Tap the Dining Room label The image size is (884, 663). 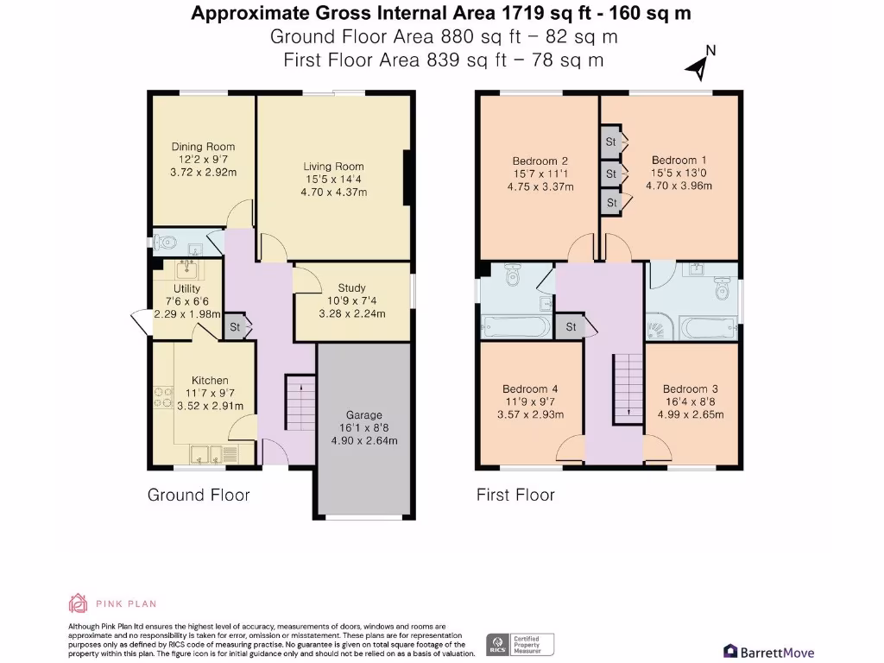coord(203,147)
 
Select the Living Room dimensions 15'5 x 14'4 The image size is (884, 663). coord(333,180)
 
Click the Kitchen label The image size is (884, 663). coord(210,380)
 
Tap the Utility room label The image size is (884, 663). coord(186,288)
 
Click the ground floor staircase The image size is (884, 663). coord(300,400)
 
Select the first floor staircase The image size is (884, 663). coord(627,388)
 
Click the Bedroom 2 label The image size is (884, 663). coord(540,161)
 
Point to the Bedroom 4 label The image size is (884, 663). coord(525,388)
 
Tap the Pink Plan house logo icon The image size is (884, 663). coord(78,603)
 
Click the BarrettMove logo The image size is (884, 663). coord(767,652)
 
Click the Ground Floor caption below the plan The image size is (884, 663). coord(199,495)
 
